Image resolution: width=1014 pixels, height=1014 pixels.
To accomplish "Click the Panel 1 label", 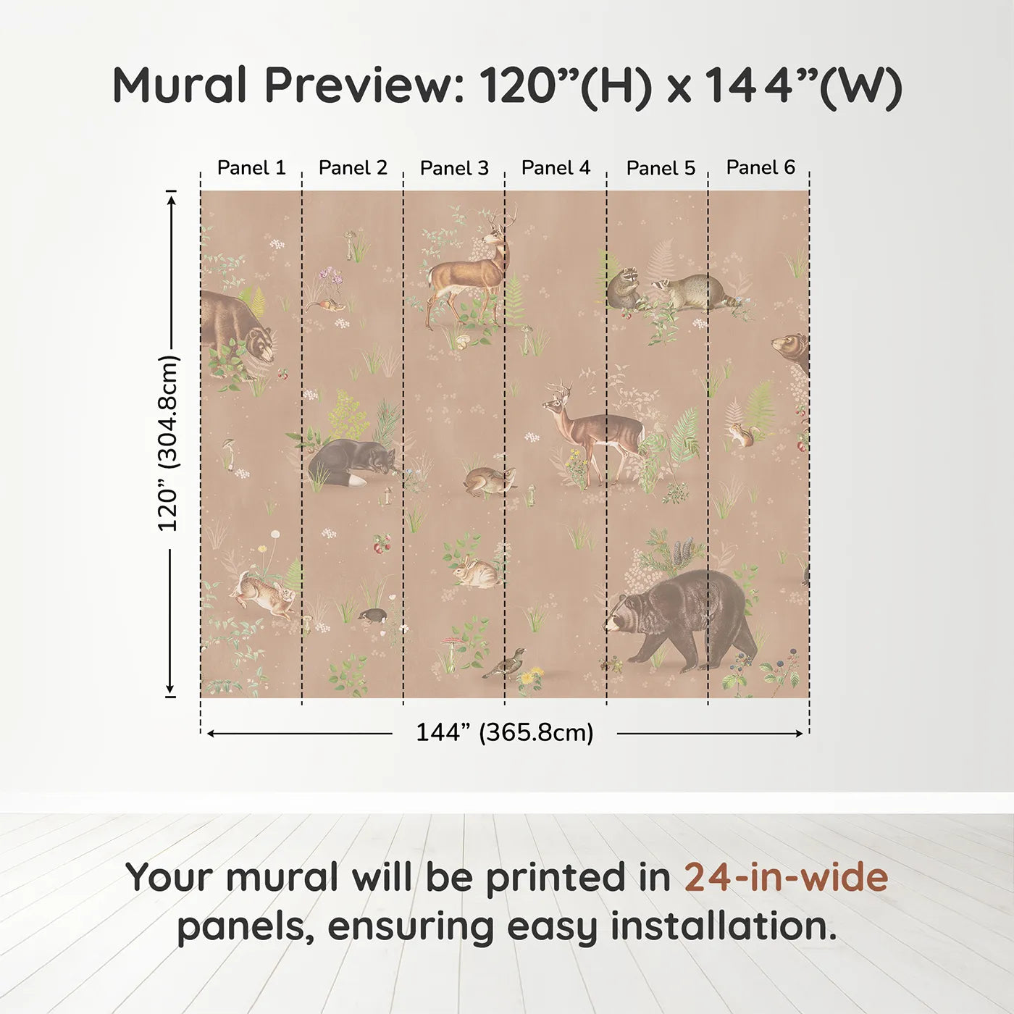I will pos(251,168).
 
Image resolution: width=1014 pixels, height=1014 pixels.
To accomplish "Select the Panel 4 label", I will pos(556,168).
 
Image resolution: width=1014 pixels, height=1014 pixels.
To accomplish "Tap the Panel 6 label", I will pos(760,167).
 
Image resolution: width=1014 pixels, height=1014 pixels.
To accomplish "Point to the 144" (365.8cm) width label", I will pos(504,732).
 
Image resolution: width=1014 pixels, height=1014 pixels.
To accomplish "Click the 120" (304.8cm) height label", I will pos(168,443).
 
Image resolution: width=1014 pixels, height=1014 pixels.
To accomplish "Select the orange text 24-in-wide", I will pos(786,877).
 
